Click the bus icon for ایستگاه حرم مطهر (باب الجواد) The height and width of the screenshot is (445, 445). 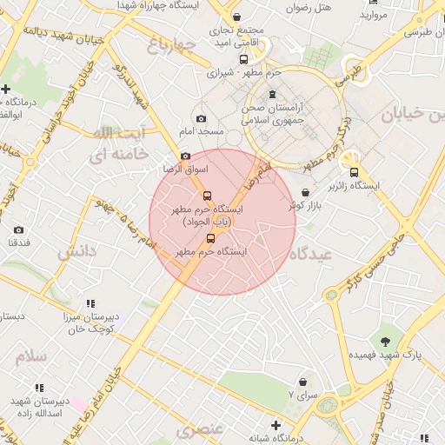207,196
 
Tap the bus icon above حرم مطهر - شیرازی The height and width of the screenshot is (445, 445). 243,60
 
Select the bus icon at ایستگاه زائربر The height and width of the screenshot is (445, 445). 353,172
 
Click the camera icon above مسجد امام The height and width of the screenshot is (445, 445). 202,118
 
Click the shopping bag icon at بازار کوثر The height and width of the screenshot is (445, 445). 304,192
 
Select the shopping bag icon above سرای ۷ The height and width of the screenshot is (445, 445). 302,382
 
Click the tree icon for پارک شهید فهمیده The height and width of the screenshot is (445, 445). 385,340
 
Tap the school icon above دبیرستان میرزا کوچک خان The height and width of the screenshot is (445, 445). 90,303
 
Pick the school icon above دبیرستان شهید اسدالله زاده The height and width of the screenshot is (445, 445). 38,388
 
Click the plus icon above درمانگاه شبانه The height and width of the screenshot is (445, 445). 276,425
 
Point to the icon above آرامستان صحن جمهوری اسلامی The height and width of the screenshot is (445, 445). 273,94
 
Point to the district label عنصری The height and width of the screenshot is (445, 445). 200,430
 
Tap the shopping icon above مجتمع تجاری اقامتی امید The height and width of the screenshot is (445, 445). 236,18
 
